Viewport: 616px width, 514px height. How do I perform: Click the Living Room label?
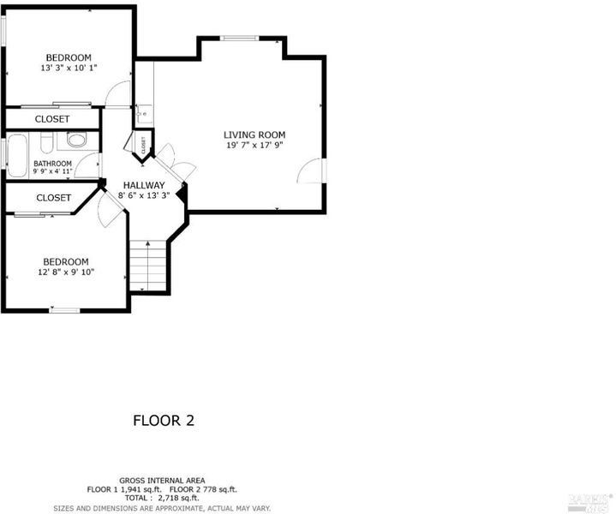point(254,134)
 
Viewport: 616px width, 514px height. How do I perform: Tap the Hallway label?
point(144,185)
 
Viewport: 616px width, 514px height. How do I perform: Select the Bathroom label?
point(52,164)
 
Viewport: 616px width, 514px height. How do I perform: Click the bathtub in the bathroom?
point(17,156)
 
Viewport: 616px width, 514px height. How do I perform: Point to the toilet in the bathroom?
point(47,142)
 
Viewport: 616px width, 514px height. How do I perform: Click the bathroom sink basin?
point(76,140)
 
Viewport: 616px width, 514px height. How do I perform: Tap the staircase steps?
point(148,266)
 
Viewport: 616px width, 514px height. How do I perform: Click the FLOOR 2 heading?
point(164,421)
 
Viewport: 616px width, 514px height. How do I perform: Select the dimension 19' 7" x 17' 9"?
point(254,146)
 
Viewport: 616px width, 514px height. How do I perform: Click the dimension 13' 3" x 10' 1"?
point(69,68)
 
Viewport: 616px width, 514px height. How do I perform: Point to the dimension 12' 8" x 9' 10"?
point(66,272)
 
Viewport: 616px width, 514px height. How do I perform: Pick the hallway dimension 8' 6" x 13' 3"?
point(144,195)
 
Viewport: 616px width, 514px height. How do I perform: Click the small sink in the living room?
point(145,114)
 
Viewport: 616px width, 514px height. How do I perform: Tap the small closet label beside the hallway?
point(143,145)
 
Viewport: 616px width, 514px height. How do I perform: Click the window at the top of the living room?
point(239,38)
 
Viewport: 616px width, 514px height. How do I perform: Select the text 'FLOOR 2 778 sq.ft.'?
point(203,490)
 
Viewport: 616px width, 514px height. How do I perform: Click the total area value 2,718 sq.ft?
point(178,499)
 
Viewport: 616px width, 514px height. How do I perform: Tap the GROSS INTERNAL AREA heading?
point(162,481)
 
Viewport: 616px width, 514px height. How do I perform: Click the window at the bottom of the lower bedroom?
point(65,310)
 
